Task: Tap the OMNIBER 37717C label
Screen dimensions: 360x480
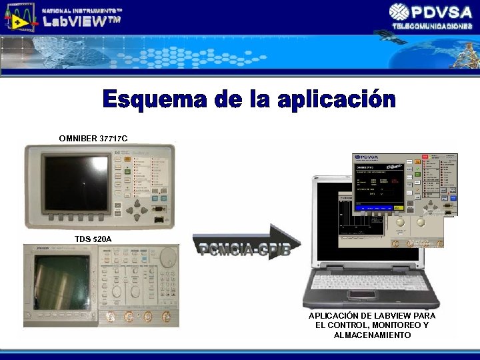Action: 93,138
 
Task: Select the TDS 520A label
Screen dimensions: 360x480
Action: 93,239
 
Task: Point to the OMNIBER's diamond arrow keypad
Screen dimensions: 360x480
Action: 139,211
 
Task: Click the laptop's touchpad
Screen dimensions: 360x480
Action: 363,294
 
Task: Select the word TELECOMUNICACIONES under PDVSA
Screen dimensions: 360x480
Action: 432,25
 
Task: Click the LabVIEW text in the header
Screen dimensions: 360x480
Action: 82,21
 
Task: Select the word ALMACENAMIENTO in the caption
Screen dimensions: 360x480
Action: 372,335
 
